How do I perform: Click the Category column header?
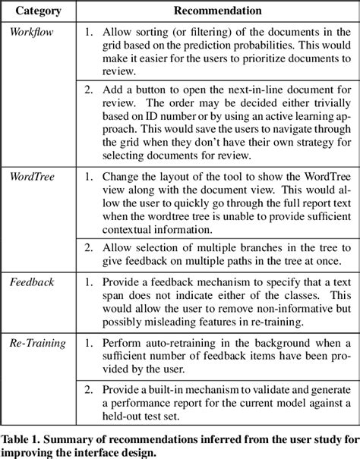[x=39, y=11]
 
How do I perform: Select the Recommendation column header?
[x=218, y=11]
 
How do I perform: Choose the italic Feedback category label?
[x=31, y=282]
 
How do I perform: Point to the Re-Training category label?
[x=38, y=343]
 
